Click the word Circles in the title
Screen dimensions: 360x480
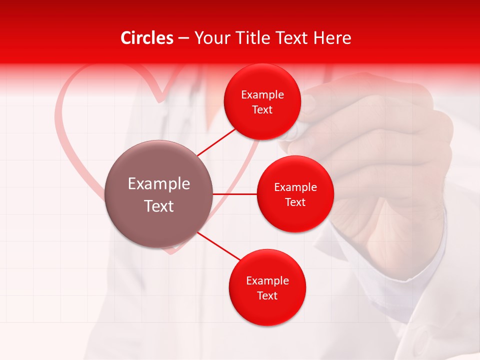(147, 38)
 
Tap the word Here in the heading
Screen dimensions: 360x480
(332, 38)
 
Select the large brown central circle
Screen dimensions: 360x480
(158, 194)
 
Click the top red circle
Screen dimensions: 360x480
(262, 102)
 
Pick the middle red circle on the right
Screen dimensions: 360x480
(295, 194)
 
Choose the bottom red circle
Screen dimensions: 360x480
(267, 287)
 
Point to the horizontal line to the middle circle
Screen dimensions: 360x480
(234, 194)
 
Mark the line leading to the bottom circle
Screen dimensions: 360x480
(219, 246)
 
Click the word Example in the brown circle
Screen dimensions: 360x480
(158, 183)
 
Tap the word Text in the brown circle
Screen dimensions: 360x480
(158, 206)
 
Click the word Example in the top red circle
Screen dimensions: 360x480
(262, 95)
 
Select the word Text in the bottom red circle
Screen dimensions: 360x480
(267, 295)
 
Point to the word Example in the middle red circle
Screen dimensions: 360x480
(295, 187)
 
